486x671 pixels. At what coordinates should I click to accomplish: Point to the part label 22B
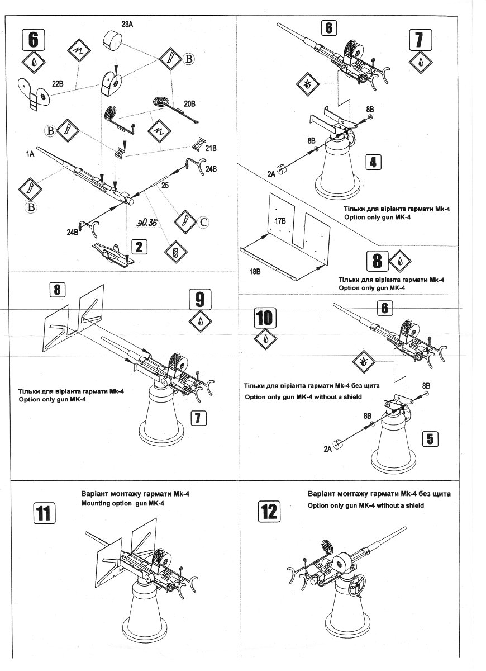pyautogui.click(x=59, y=84)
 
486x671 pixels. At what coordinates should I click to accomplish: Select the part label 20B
pyautogui.click(x=190, y=103)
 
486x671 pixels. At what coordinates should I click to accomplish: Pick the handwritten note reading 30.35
pyautogui.click(x=147, y=222)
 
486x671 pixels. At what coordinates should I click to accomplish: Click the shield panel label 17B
pyautogui.click(x=280, y=221)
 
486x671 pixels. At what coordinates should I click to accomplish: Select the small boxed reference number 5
pyautogui.click(x=430, y=438)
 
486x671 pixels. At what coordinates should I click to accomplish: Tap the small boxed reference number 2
pyautogui.click(x=140, y=247)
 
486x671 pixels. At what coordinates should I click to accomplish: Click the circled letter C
pyautogui.click(x=203, y=223)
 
